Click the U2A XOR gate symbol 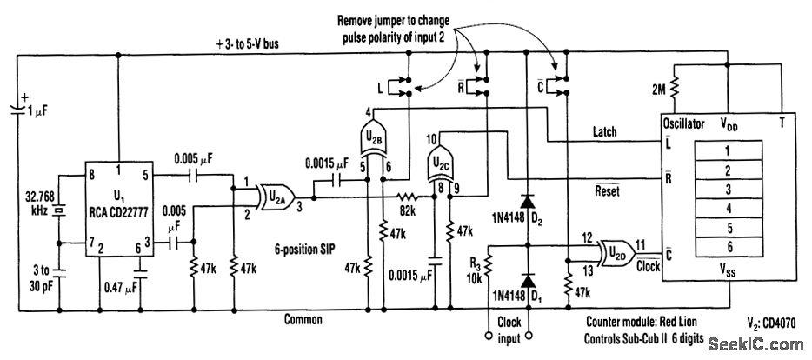277,197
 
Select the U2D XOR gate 617,253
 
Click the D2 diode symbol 528,202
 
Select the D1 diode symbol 528,281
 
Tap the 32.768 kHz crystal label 40,204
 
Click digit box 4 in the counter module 729,208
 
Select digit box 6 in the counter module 729,247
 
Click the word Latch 604,131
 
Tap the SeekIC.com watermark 755,344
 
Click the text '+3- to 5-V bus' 247,45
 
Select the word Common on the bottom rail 303,320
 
